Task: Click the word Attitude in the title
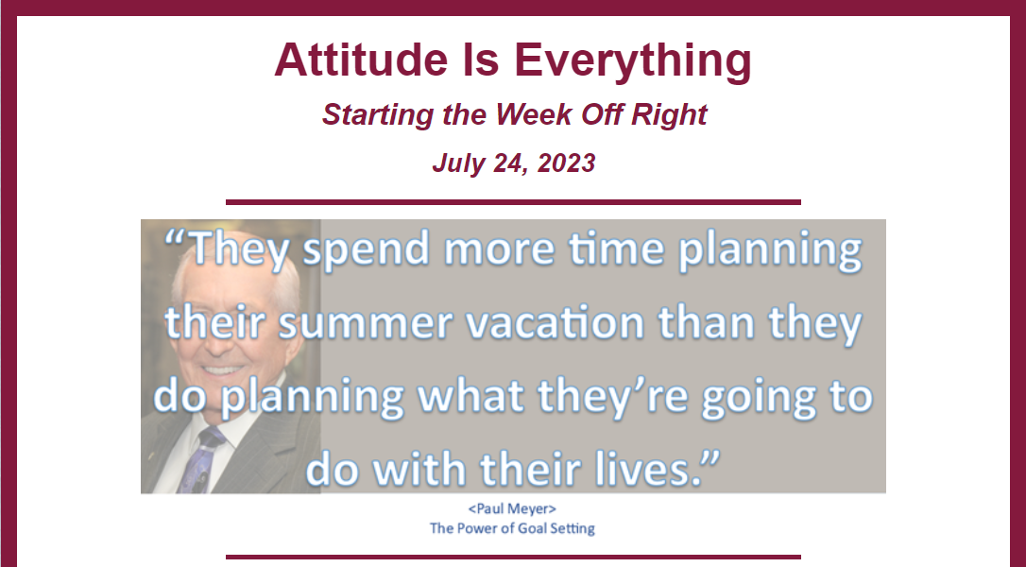pos(361,60)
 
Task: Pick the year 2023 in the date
pos(566,163)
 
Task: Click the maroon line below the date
pos(513,202)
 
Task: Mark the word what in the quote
pos(470,396)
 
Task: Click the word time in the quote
pos(616,249)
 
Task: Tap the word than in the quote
pos(706,323)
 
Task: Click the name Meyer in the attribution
pos(531,509)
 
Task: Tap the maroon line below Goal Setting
pos(513,558)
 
